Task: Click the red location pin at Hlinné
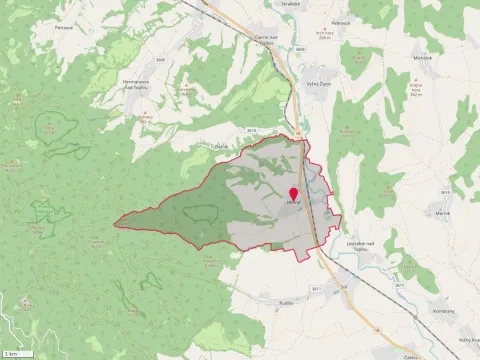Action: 294,194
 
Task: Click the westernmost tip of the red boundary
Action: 114,225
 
